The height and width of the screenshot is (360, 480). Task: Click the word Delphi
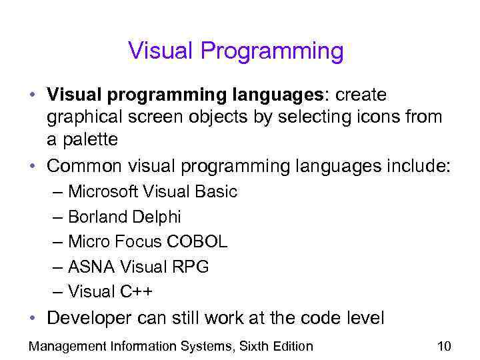(x=156, y=217)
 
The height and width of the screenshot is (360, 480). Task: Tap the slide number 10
(x=444, y=346)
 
